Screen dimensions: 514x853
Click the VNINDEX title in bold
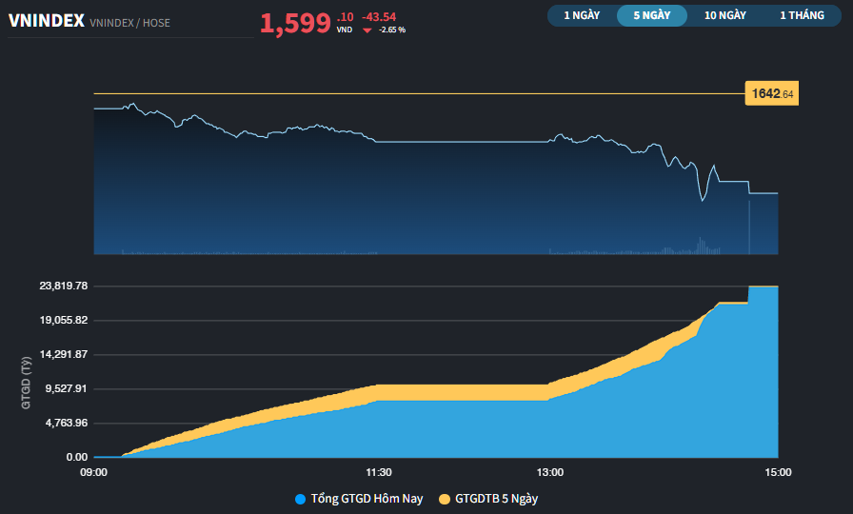46,21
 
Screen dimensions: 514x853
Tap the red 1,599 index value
295,24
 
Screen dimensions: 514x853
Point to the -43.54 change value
379,16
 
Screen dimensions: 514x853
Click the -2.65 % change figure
392,30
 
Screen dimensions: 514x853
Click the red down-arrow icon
367,30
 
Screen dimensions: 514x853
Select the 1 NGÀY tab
582,15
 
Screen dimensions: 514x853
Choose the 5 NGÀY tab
652,15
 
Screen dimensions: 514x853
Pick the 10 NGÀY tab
725,15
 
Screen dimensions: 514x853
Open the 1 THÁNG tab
802,15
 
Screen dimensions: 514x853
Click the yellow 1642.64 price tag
772,93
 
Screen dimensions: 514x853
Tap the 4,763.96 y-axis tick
61,423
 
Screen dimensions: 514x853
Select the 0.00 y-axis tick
76,457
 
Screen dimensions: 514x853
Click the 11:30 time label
379,472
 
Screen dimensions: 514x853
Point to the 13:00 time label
549,472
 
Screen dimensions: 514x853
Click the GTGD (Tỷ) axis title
26,382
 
